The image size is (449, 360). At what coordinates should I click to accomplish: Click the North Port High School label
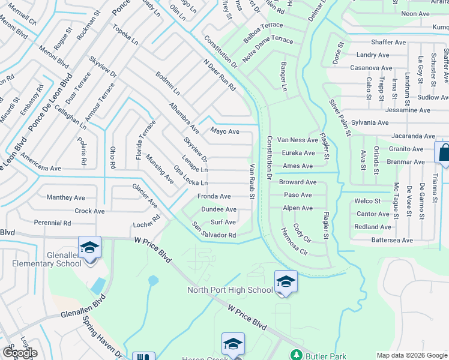pos(230,290)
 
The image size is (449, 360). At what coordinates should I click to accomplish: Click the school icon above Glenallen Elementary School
pos(89,247)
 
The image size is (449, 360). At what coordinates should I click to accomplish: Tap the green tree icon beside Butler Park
pos(295,355)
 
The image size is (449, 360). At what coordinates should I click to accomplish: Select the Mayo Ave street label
pos(224,131)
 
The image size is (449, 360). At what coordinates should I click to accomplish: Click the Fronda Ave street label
pos(214,196)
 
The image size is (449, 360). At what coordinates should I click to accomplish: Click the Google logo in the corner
pos(19,353)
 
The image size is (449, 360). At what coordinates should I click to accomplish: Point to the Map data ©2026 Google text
pos(412,355)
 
